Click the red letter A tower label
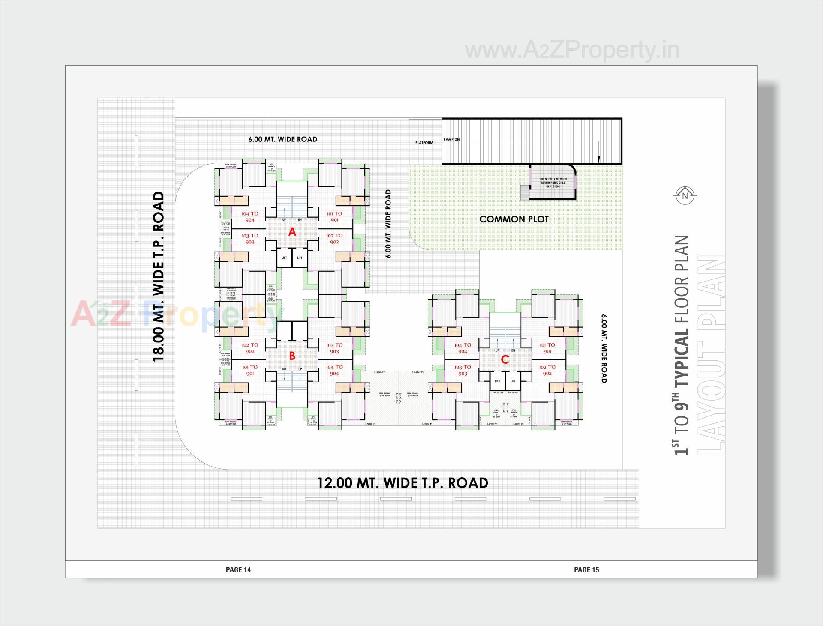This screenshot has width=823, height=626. [x=292, y=232]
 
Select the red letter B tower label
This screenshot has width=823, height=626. [x=292, y=356]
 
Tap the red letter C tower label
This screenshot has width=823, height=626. [x=505, y=359]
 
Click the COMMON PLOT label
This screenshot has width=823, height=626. [x=514, y=219]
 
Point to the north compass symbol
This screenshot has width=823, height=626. [x=685, y=196]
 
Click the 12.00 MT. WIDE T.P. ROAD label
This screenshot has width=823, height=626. [x=402, y=483]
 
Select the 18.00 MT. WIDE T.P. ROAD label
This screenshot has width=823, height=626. [x=159, y=276]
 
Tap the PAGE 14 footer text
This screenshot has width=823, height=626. [x=238, y=569]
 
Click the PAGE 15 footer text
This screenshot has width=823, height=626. [x=586, y=569]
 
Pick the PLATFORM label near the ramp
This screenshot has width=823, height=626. [x=424, y=143]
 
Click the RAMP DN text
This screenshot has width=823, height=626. [x=451, y=140]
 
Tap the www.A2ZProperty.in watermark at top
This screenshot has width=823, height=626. [x=572, y=51]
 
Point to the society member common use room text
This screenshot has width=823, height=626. [x=553, y=183]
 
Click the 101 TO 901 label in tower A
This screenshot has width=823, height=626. [x=334, y=216]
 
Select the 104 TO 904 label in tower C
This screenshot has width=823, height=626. [x=463, y=348]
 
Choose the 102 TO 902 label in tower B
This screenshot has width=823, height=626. [x=250, y=348]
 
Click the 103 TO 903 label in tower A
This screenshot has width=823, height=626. [x=250, y=239]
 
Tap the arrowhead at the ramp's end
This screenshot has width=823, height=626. [x=599, y=160]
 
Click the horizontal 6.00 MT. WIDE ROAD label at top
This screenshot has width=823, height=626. [x=283, y=139]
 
